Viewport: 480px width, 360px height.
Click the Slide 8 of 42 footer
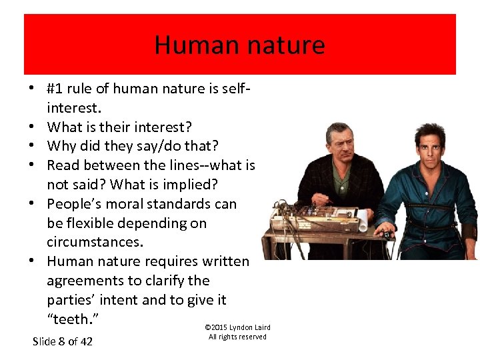tap(63, 342)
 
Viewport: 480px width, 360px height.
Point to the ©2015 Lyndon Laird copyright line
tap(237, 327)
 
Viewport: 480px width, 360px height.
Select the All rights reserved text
tap(237, 337)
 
